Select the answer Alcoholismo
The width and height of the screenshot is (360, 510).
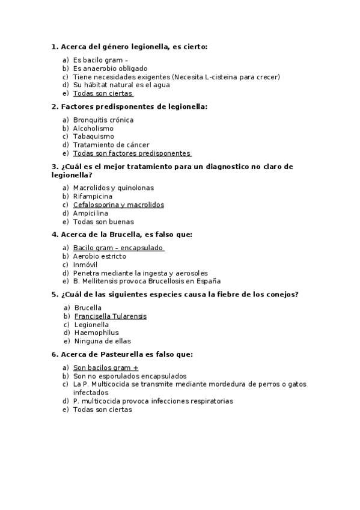pos(93,128)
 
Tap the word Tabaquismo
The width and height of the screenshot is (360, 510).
pos(93,137)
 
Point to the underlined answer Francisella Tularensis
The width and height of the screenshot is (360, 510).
pos(110,316)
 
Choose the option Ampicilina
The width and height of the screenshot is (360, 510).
pos(91,213)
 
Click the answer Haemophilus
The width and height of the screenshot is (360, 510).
pos(96,333)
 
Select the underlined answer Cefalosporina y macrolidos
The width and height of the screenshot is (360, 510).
pos(118,204)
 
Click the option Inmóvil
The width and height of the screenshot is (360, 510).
pos(85,265)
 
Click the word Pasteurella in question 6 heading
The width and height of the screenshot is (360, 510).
pos(111,355)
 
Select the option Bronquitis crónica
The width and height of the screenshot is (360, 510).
pos(103,120)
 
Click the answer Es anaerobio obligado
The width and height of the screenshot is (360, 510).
pos(110,69)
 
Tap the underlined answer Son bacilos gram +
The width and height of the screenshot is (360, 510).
pos(105,367)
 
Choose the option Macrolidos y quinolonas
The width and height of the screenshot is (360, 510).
pos(114,188)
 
